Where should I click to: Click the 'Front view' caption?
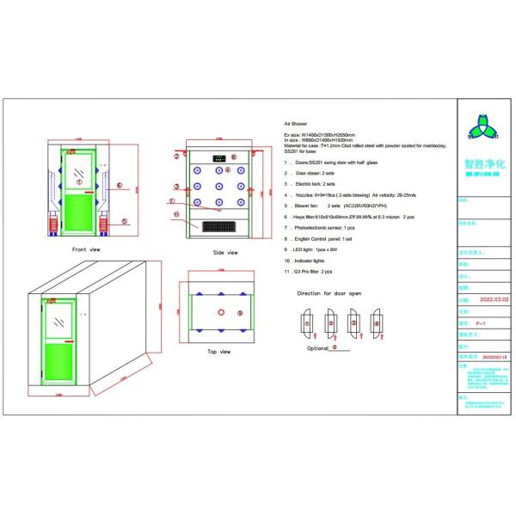click(x=86, y=249)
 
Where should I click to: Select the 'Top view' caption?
click(x=219, y=352)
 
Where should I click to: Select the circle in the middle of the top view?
click(x=221, y=312)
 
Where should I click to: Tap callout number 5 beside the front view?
click(x=124, y=221)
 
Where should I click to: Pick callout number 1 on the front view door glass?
click(x=78, y=181)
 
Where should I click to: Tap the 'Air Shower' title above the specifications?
click(x=295, y=125)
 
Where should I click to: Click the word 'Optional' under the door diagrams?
click(x=317, y=348)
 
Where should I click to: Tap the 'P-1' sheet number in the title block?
click(x=482, y=322)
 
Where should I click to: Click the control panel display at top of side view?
click(x=219, y=157)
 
